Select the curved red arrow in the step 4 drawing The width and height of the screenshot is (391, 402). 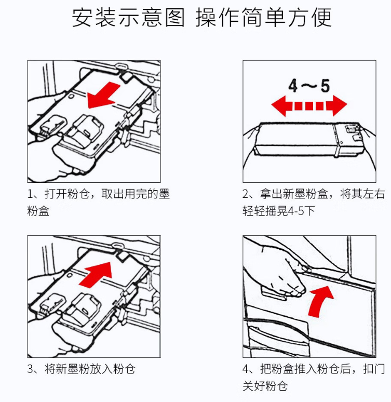click(x=320, y=301)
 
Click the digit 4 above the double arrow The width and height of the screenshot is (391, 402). click(x=293, y=86)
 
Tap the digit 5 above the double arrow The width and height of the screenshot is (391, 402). click(x=325, y=86)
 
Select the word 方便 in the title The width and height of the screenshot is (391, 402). click(x=309, y=18)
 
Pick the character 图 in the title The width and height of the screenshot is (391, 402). click(x=175, y=18)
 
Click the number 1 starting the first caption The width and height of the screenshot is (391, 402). click(x=30, y=194)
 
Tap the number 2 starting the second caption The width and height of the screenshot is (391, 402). click(x=246, y=194)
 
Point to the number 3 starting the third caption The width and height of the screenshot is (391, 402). click(x=30, y=369)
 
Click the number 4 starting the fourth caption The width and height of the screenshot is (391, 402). click(x=246, y=369)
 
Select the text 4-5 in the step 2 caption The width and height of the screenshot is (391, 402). click(x=295, y=211)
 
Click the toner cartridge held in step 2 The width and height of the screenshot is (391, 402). click(x=309, y=139)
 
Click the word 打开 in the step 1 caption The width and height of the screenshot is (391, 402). click(x=56, y=194)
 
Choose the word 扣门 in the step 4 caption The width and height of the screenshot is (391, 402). click(x=374, y=369)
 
